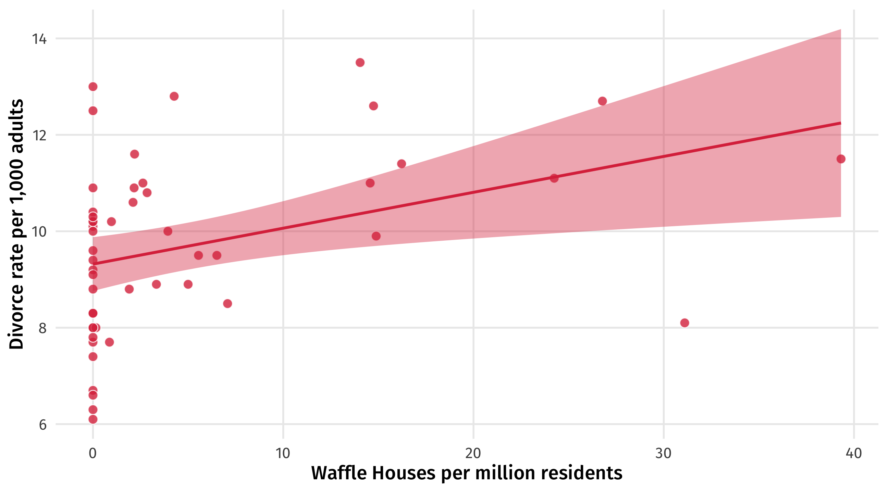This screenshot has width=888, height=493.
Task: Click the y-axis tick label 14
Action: click(39, 39)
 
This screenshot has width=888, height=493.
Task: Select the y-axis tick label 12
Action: click(39, 135)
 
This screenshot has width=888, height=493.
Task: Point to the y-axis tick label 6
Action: click(42, 425)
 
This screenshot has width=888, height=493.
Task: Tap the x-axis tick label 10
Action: click(283, 453)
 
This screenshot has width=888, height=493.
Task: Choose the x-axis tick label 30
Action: click(663, 453)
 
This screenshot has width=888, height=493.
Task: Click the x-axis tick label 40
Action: click(853, 453)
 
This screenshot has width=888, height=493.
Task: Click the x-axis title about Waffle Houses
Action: click(466, 473)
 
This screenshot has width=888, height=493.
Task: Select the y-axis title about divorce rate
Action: click(16, 224)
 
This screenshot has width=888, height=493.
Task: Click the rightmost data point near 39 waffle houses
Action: click(841, 159)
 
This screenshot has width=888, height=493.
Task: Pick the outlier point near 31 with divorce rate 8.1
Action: click(684, 323)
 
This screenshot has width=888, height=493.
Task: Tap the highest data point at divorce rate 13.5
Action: click(360, 62)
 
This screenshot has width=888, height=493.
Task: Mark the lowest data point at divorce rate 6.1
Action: click(93, 419)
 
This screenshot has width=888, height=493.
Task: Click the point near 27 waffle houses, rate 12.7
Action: click(602, 101)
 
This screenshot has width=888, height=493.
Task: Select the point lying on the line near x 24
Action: click(554, 178)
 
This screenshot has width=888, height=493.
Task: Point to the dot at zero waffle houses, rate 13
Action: click(93, 87)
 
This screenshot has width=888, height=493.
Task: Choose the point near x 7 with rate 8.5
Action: click(227, 304)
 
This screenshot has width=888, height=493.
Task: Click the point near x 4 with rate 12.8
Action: click(174, 96)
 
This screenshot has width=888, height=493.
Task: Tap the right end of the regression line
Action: click(840, 123)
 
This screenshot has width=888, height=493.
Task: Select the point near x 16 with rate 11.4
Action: click(402, 164)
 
